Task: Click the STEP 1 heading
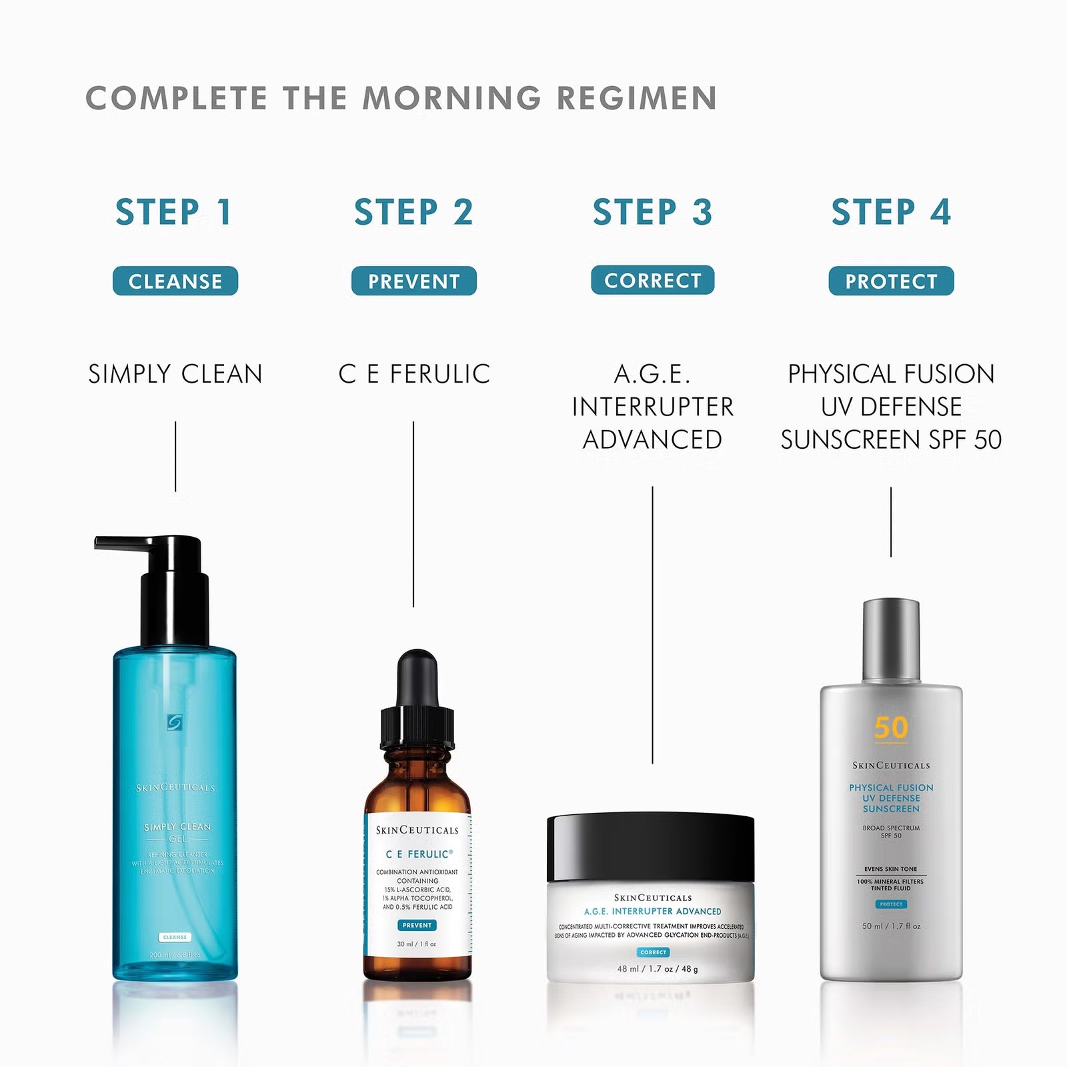point(173,212)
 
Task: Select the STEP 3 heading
point(652,212)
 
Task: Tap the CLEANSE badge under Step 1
point(175,281)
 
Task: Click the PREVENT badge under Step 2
point(413,281)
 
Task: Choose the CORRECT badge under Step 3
point(652,280)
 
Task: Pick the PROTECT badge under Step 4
point(891,281)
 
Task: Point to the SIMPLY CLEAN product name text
point(175,374)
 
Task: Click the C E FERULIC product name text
point(413,374)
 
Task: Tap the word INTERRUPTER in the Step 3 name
point(652,407)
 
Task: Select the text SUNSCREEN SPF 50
point(891,439)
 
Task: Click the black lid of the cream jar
point(650,847)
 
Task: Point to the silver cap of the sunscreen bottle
point(891,640)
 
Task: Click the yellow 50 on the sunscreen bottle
point(891,728)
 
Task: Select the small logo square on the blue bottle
point(175,723)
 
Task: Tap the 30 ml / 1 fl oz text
point(416,944)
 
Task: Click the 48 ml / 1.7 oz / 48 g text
point(657,969)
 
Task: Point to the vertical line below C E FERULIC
point(413,513)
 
